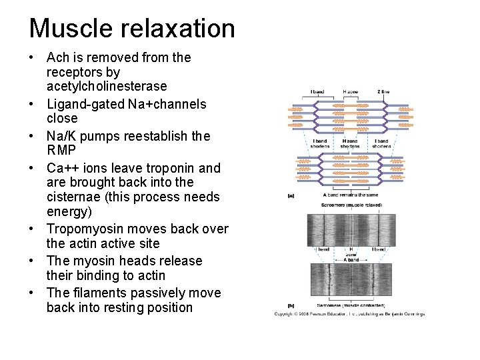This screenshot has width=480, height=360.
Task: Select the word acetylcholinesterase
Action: [x=107, y=87]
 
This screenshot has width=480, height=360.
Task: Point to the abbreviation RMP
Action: [x=62, y=150]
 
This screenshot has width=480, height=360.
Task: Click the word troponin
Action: [x=175, y=168]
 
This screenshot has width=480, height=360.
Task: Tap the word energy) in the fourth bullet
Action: [x=70, y=211]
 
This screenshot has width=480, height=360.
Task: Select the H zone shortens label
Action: [x=349, y=144]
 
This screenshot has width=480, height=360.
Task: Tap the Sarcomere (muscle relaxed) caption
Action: [x=349, y=209]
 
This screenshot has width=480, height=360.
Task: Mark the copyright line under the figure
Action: [x=349, y=314]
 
